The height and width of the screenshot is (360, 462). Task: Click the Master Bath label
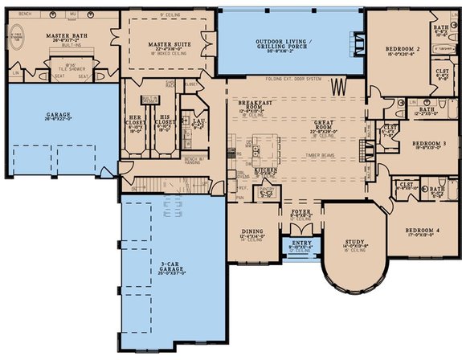65,36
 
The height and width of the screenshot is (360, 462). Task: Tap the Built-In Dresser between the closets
149,100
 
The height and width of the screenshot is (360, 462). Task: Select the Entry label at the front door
302,243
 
